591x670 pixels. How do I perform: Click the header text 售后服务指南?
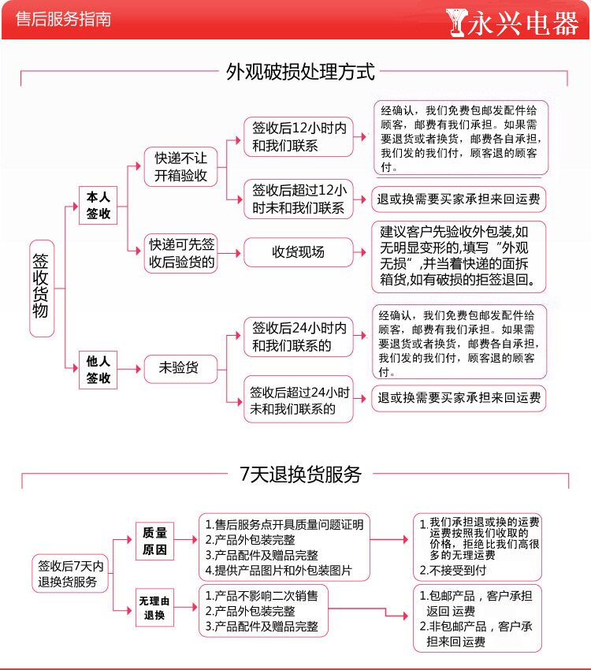[x=63, y=20]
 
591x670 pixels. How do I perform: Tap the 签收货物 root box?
[x=41, y=288]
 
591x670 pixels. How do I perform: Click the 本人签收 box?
[x=98, y=205]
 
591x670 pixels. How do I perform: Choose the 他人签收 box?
[x=98, y=370]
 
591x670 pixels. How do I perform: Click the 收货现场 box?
[x=298, y=252]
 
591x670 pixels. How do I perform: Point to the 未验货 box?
[x=179, y=368]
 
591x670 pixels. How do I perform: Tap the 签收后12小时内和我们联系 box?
[x=299, y=136]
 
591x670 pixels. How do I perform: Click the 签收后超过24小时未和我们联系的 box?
[x=299, y=400]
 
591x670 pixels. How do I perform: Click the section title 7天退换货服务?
[x=299, y=474]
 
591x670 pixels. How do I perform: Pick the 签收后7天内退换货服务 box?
[x=71, y=574]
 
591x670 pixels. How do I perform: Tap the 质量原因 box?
[x=154, y=542]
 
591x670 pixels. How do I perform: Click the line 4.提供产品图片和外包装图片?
[x=279, y=570]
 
